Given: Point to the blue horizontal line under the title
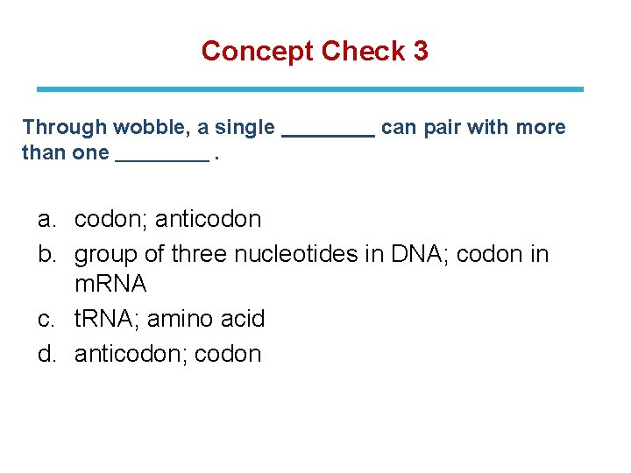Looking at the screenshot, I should (x=309, y=89).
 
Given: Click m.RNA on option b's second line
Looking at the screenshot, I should (x=110, y=285).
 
